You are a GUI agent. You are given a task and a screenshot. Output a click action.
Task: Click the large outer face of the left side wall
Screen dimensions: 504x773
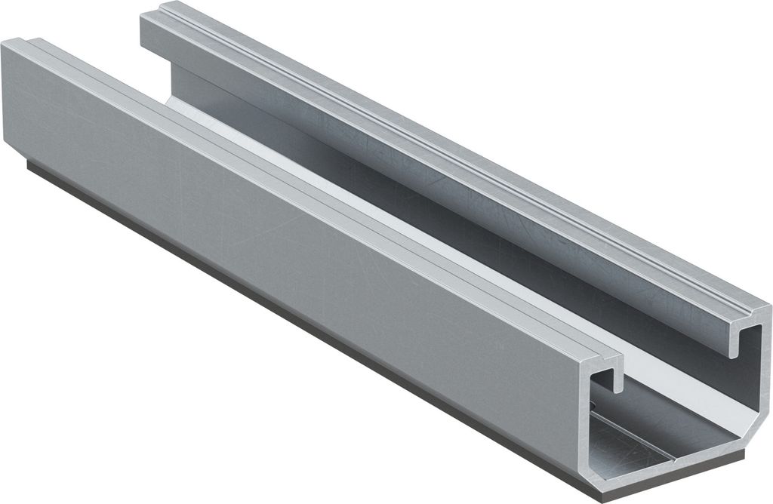point(264,249)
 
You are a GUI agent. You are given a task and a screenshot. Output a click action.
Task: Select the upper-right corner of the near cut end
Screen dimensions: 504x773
point(766,309)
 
